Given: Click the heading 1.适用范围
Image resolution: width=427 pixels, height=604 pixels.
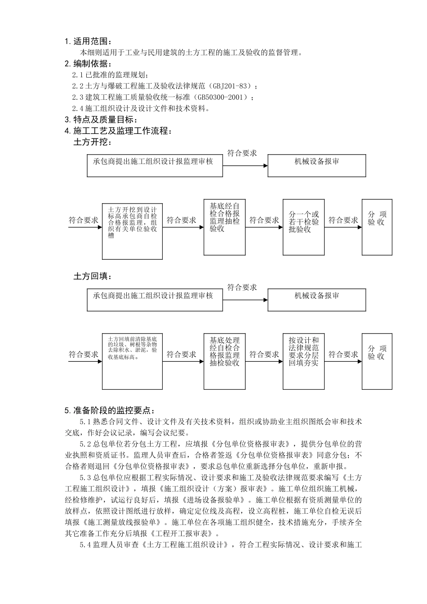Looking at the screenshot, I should [x=87, y=42].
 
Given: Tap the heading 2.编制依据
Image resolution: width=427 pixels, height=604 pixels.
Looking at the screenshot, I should [x=87, y=63].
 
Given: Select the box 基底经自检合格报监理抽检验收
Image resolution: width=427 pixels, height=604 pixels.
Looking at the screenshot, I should [x=224, y=227].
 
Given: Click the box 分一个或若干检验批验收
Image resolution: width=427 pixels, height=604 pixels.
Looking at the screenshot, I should [x=303, y=227].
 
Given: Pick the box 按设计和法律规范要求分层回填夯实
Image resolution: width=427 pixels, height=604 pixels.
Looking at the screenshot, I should [x=303, y=361].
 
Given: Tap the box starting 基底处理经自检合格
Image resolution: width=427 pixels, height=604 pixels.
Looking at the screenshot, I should [x=224, y=361].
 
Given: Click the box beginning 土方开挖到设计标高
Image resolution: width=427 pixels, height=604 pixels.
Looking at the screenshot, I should [x=132, y=231].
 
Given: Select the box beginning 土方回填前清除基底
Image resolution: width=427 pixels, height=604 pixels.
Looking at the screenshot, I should [x=132, y=361].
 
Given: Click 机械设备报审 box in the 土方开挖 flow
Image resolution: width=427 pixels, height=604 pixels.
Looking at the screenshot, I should [x=316, y=165].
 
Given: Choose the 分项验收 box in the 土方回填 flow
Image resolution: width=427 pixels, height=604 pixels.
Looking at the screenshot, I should [x=377, y=361].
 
